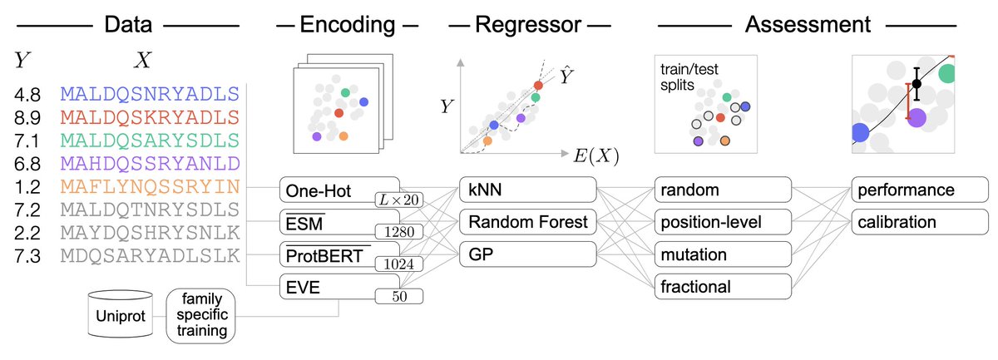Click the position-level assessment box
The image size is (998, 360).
pos(722,222)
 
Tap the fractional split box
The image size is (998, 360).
pos(722,286)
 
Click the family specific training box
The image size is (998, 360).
pos(200,315)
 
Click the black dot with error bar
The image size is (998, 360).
pos(916,83)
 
